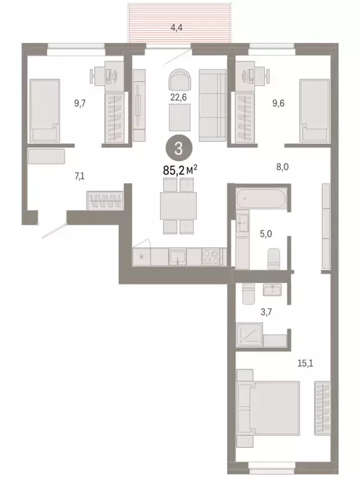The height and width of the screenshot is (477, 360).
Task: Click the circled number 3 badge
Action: click(178, 148)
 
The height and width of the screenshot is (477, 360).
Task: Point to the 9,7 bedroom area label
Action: click(79, 104)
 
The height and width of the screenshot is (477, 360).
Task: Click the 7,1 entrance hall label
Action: click(79, 176)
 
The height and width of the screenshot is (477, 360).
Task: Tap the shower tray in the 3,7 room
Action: click(249, 337)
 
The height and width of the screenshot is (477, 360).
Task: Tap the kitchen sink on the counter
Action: click(179, 255)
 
